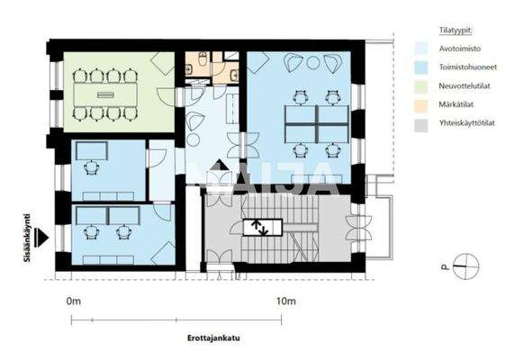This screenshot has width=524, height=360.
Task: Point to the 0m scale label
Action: pos(74,301)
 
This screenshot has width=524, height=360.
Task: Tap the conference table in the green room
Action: pos(105,94)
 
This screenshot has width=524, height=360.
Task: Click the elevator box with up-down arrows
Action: pos(258,226)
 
